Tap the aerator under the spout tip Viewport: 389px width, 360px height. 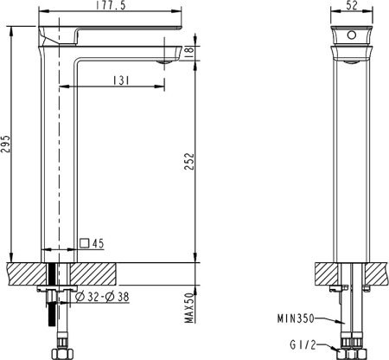(163, 61)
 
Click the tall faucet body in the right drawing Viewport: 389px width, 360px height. (351, 156)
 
